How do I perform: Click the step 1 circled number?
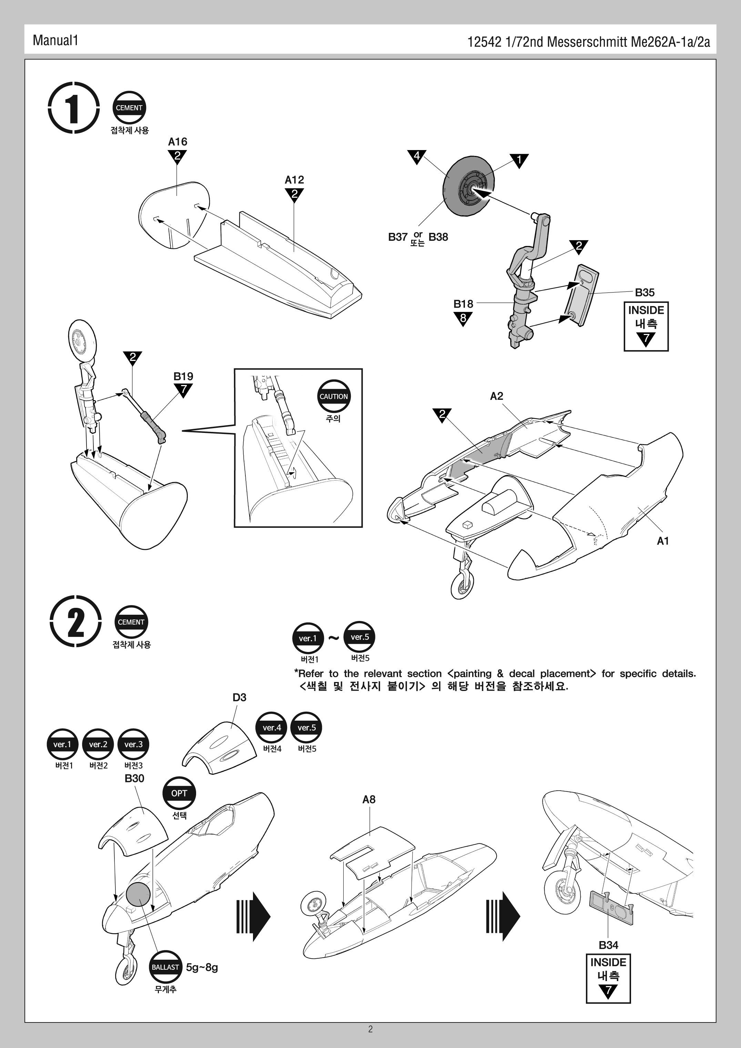73,108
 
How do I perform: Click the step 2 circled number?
75,622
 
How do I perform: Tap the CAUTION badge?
334,396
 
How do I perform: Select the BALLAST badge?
165,967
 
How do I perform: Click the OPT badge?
179,793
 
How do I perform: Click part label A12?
294,180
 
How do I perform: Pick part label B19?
183,376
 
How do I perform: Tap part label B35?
645,292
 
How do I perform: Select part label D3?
239,697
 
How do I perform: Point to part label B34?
608,945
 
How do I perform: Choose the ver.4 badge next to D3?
272,728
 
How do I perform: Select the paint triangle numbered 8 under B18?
463,318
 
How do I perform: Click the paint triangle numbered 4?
417,157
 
